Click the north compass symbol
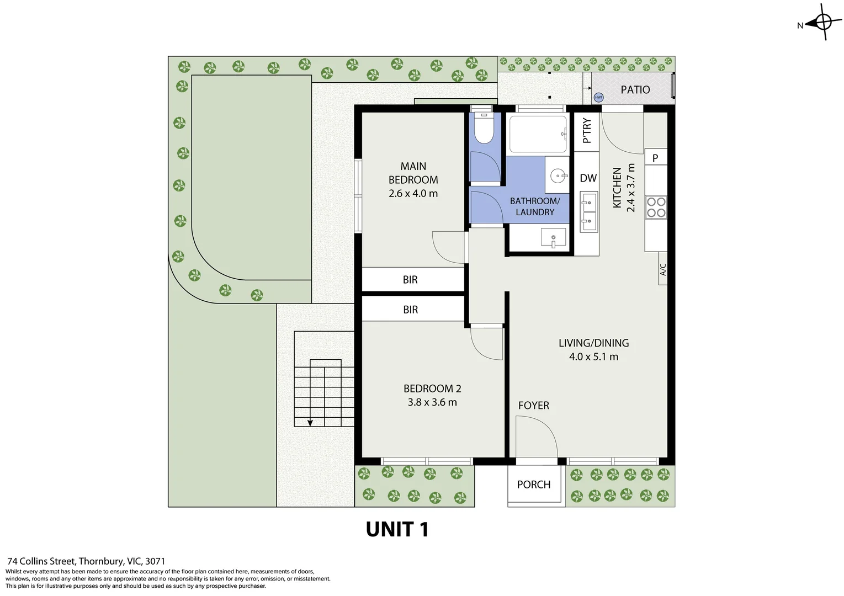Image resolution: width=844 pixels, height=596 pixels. pos(822,23)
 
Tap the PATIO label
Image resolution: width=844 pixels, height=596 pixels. pos(635,90)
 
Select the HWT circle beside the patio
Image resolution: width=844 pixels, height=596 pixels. pos(598,98)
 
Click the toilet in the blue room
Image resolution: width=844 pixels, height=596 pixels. pos(484,129)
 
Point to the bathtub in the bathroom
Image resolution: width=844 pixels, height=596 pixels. pos(538,134)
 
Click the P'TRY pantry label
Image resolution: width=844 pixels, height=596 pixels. pos(587,131)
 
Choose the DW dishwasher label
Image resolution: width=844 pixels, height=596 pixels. pos(588,178)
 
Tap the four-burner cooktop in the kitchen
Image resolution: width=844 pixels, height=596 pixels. pos(656,207)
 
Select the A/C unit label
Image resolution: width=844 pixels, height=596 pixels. pos(663,270)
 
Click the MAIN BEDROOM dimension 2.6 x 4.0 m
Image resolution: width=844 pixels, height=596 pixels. pos(413,194)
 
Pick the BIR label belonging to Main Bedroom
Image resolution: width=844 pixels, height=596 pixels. pos(410,280)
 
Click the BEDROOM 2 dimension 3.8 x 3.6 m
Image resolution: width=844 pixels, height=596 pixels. pos(432,402)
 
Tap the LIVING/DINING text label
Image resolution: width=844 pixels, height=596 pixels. pos(593,343)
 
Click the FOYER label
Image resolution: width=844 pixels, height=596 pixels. pos(533,406)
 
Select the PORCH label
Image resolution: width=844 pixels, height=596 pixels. pos(533,485)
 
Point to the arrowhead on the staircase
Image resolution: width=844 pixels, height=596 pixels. pos(310,423)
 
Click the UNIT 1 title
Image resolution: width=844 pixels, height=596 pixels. pos(397,530)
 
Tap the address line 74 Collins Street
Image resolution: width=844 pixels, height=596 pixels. pos(86,561)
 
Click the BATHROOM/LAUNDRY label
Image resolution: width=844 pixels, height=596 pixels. pos(534,206)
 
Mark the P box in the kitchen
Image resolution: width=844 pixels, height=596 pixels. pos(655,158)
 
